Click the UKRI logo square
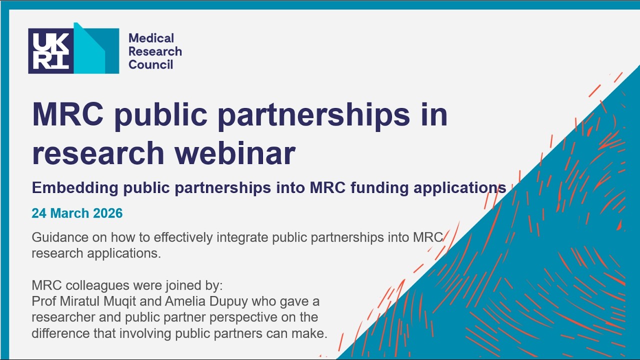point(51,51)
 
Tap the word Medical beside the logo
point(151,38)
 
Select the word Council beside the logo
point(150,64)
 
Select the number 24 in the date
point(38,213)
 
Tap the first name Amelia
point(196,301)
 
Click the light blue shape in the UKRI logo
point(90,50)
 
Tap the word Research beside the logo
point(155,51)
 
